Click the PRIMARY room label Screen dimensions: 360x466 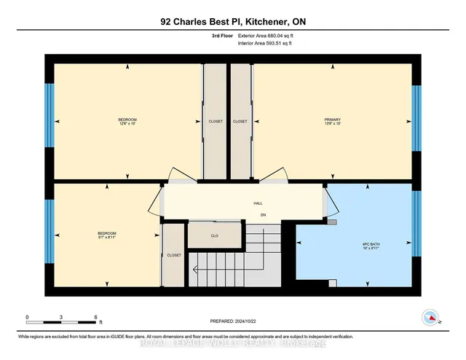click(x=333, y=119)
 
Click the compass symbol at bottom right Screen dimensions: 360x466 click(x=431, y=317)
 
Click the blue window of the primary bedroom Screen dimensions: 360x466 click(x=416, y=119)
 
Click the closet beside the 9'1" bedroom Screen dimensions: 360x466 click(x=173, y=255)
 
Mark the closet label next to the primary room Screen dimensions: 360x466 click(x=240, y=122)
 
